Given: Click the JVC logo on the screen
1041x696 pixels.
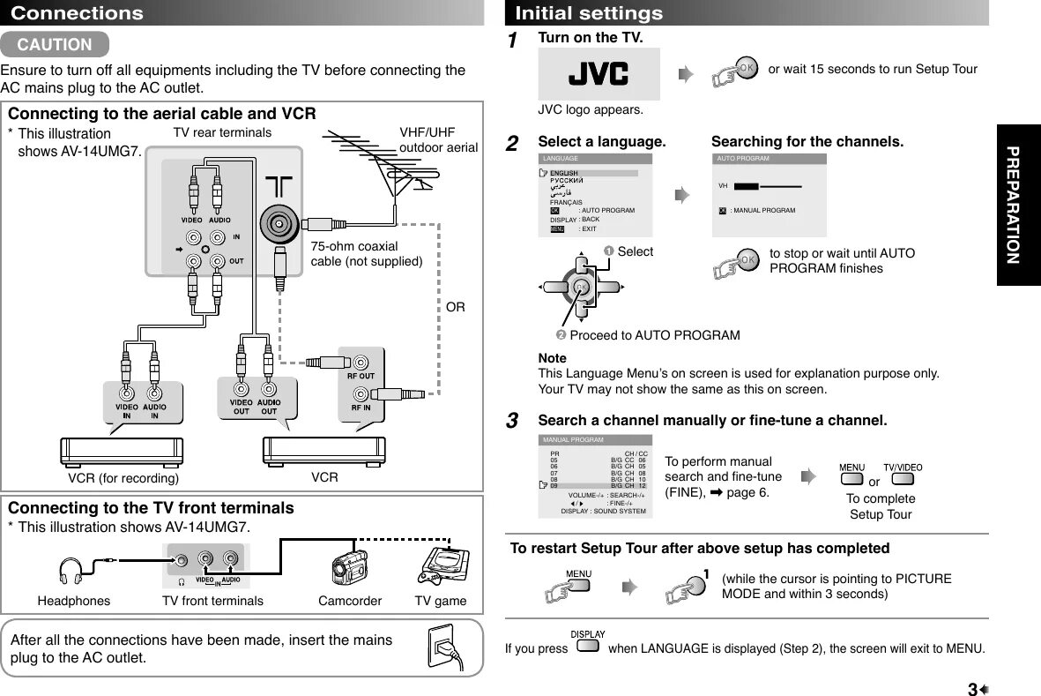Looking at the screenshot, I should (599, 73).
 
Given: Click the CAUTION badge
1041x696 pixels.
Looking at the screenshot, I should (55, 44).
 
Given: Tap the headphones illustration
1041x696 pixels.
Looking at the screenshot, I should (71, 571).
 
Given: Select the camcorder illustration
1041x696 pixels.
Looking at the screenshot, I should (349, 567).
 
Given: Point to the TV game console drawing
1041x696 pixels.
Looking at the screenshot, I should (441, 567).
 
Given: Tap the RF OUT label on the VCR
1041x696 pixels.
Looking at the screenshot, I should (361, 376).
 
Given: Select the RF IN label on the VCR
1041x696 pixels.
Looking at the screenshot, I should (361, 408).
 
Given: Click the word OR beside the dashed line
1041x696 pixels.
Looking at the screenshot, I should (455, 307).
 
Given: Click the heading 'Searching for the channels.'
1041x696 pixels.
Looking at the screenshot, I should (807, 142).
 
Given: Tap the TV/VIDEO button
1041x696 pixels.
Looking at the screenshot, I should (902, 479).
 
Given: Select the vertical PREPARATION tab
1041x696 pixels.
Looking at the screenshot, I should (1017, 205).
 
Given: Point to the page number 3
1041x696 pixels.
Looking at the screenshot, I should (972, 689).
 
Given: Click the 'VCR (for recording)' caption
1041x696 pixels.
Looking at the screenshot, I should (123, 478).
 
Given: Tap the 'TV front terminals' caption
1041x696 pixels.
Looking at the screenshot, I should (212, 601).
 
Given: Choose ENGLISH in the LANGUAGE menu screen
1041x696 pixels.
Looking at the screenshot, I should (564, 173).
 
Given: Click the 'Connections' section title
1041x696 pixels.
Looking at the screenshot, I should (77, 13).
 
